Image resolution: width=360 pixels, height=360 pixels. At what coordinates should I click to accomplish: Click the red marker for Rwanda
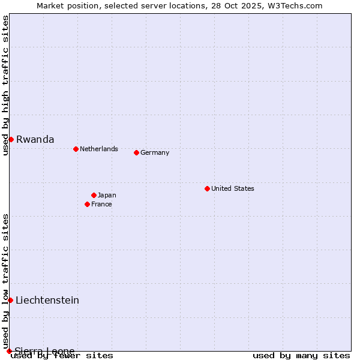(x=11, y=139)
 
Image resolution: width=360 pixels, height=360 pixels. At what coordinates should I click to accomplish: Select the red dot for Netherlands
(x=76, y=149)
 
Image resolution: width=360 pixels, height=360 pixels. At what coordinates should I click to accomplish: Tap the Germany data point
(x=136, y=152)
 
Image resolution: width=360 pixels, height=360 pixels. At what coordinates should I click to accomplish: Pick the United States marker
(x=207, y=188)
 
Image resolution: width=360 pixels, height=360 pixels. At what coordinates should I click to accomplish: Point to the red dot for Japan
(x=94, y=195)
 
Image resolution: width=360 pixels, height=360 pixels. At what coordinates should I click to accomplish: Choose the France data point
(x=87, y=204)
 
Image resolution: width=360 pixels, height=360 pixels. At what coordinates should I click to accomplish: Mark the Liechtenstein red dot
(x=10, y=300)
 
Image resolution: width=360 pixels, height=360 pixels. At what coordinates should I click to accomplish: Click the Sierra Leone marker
(x=9, y=351)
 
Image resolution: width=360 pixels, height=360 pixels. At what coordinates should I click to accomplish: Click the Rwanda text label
(x=35, y=139)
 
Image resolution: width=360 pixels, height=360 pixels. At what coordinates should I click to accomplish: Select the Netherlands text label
(x=99, y=149)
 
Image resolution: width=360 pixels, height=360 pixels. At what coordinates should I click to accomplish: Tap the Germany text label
(x=155, y=152)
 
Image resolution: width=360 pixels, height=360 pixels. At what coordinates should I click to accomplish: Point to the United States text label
(x=233, y=188)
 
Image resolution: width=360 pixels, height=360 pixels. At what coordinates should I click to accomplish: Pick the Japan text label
(x=107, y=195)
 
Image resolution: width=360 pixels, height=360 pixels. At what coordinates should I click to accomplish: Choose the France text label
(x=101, y=204)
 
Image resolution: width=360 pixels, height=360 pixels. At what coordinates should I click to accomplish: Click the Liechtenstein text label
(x=47, y=300)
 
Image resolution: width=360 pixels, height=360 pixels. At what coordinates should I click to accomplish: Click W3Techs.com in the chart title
(x=294, y=6)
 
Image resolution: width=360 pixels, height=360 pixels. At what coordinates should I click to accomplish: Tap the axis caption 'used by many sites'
(x=301, y=355)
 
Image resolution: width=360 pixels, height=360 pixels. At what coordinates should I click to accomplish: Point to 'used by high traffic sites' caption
(x=6, y=85)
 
